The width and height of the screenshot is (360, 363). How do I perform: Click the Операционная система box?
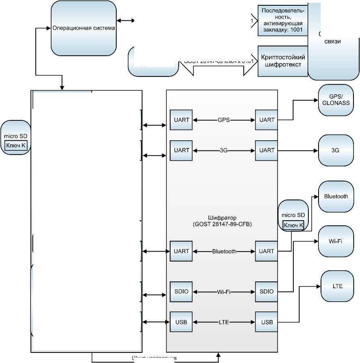[83, 28]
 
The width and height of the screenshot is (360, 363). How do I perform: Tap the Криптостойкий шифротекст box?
[282, 61]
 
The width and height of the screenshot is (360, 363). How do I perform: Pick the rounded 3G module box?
[335, 150]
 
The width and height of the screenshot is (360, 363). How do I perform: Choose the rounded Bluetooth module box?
[336, 196]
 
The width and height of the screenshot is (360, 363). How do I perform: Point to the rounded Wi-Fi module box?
[336, 241]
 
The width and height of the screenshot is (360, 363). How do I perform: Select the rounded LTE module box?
[337, 286]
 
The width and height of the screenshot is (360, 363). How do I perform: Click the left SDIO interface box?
[181, 291]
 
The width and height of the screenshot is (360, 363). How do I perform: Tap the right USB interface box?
[267, 322]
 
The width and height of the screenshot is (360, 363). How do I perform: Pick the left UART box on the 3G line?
[181, 150]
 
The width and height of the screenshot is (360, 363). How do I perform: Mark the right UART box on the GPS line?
[267, 120]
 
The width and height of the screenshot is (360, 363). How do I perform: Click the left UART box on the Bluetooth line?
[181, 251]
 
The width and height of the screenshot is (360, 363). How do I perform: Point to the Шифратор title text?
[222, 221]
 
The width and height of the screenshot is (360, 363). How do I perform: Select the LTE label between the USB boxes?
[224, 322]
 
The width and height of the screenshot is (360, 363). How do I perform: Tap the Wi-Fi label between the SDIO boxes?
[224, 291]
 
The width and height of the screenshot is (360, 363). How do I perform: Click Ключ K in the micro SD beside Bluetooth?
[293, 226]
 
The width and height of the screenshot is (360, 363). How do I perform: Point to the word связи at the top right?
[333, 41]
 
